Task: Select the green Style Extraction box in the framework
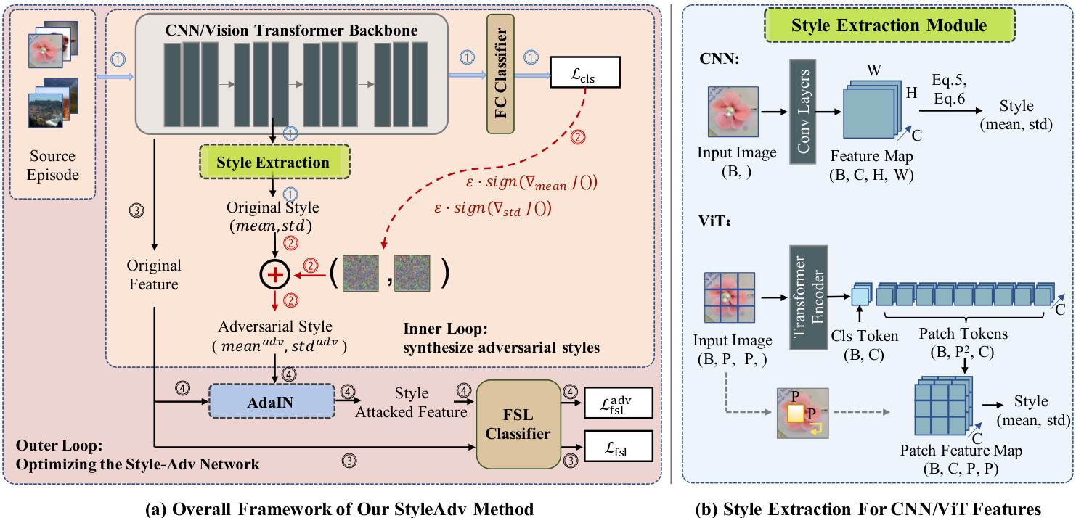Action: pyautogui.click(x=273, y=163)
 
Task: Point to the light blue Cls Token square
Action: pyautogui.click(x=860, y=296)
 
